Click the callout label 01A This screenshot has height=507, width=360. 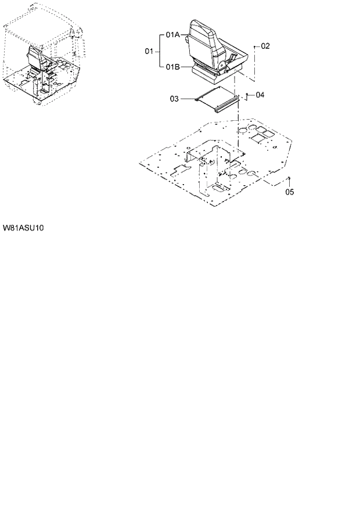tap(172, 35)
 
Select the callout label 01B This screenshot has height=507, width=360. tap(172, 67)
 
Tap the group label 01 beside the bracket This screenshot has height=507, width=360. tap(149, 52)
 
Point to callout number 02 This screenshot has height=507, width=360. tap(265, 45)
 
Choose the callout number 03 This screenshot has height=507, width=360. tap(175, 99)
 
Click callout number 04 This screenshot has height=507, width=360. tap(260, 94)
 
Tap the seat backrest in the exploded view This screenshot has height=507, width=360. tap(203, 38)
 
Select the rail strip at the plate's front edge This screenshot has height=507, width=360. tap(227, 105)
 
